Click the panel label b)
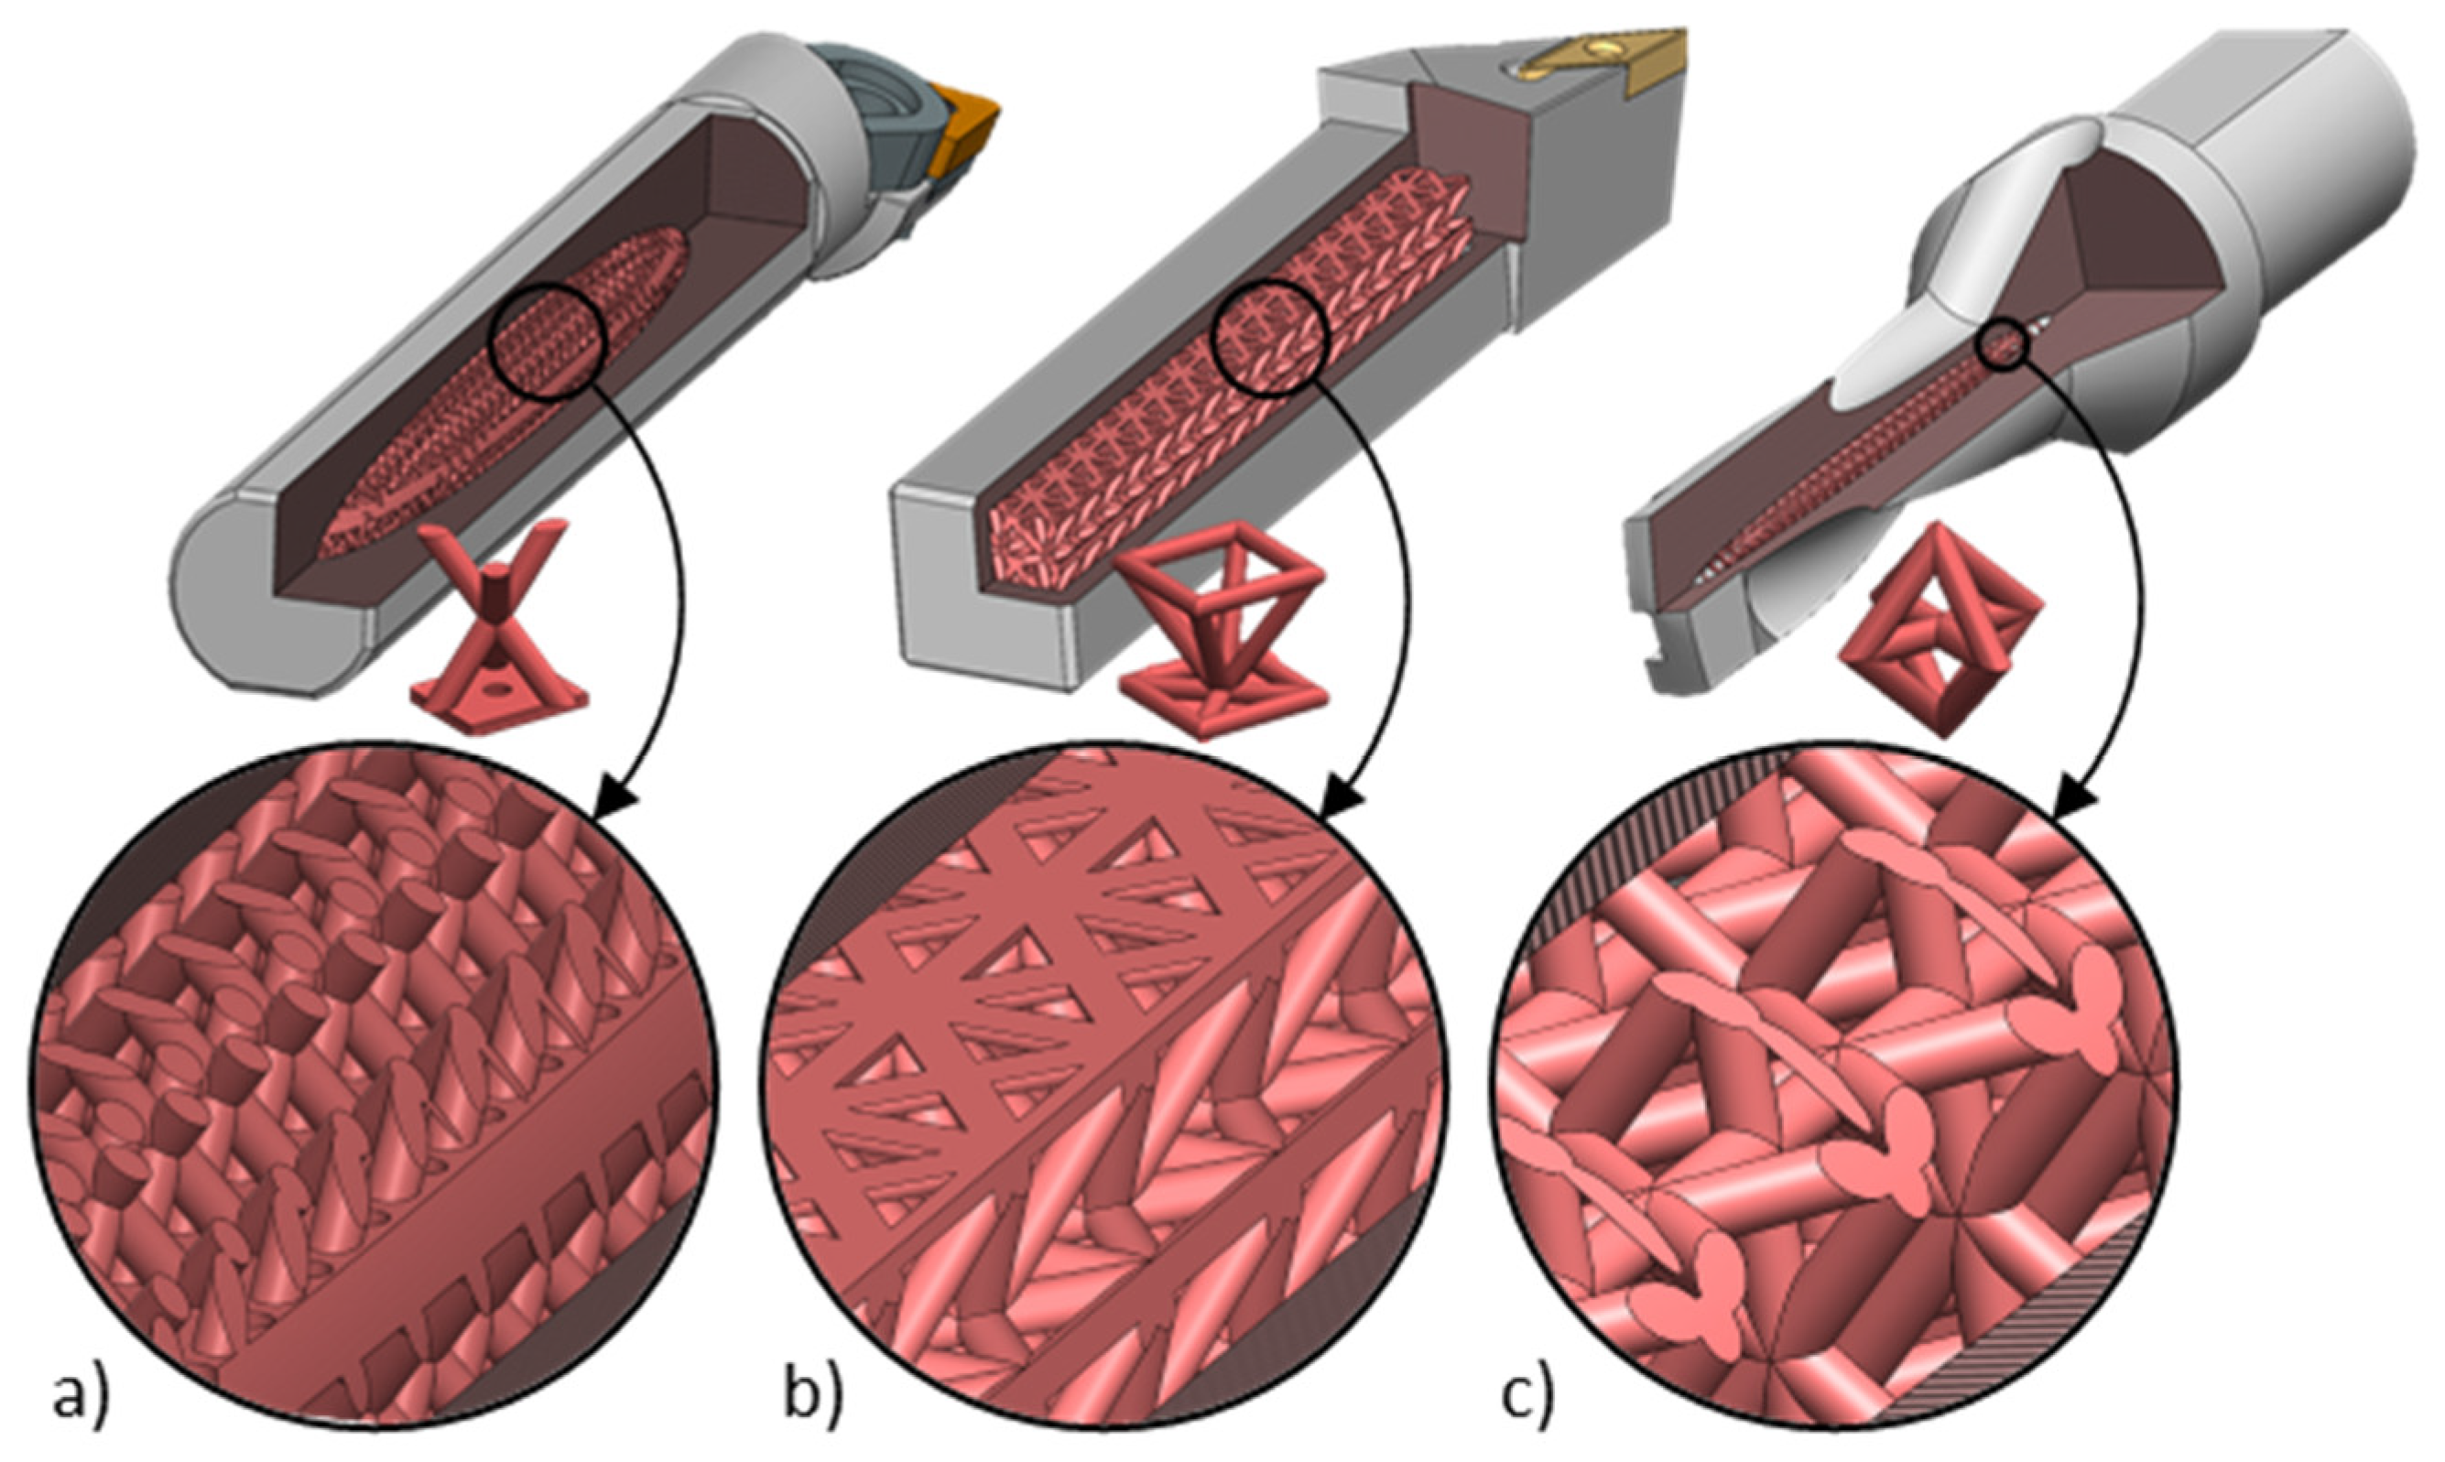(x=815, y=1397)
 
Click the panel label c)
(x=1527, y=1397)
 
